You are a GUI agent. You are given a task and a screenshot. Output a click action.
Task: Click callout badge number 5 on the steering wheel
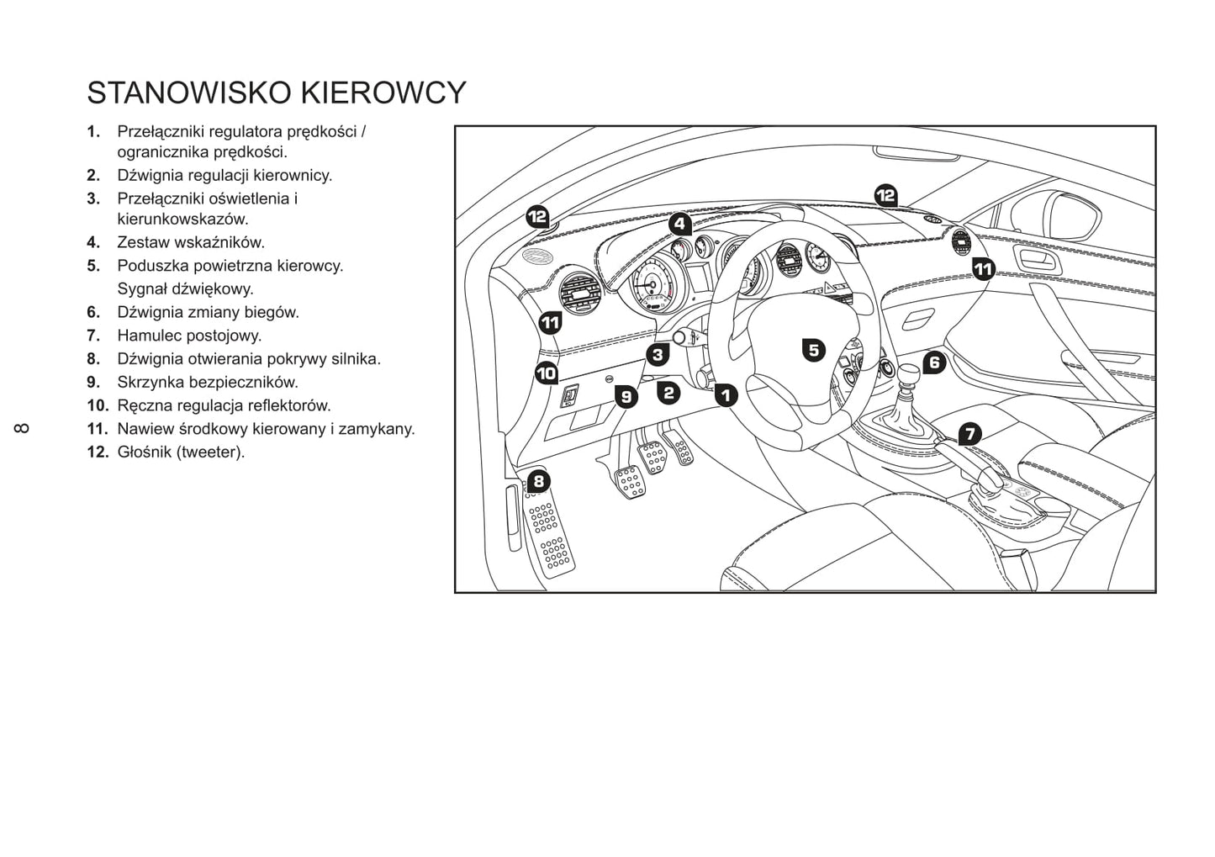tap(814, 351)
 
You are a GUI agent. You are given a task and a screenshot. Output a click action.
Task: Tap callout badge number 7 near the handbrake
tap(969, 434)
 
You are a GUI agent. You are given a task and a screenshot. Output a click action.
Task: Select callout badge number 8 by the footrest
tap(539, 481)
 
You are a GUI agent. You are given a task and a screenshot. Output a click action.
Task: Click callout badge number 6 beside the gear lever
tap(934, 362)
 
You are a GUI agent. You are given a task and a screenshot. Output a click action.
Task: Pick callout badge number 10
tap(547, 373)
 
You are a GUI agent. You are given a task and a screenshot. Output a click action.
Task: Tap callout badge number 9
tap(626, 397)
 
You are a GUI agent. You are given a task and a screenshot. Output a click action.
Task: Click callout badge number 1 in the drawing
tap(726, 395)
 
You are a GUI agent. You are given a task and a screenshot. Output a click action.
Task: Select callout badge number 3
tap(658, 355)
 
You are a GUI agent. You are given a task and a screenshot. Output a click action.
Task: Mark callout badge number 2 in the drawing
tap(668, 393)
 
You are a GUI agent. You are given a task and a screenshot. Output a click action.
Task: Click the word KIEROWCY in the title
tap(383, 93)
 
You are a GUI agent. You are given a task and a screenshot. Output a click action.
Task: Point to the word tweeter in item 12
tap(210, 452)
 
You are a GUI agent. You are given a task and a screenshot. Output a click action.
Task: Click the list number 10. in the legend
tap(98, 405)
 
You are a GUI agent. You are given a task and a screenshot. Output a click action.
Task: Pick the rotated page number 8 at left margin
tap(22, 429)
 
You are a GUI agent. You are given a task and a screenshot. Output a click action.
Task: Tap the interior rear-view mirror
tap(917, 153)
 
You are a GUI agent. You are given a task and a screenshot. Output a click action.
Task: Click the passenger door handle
tap(1039, 262)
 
